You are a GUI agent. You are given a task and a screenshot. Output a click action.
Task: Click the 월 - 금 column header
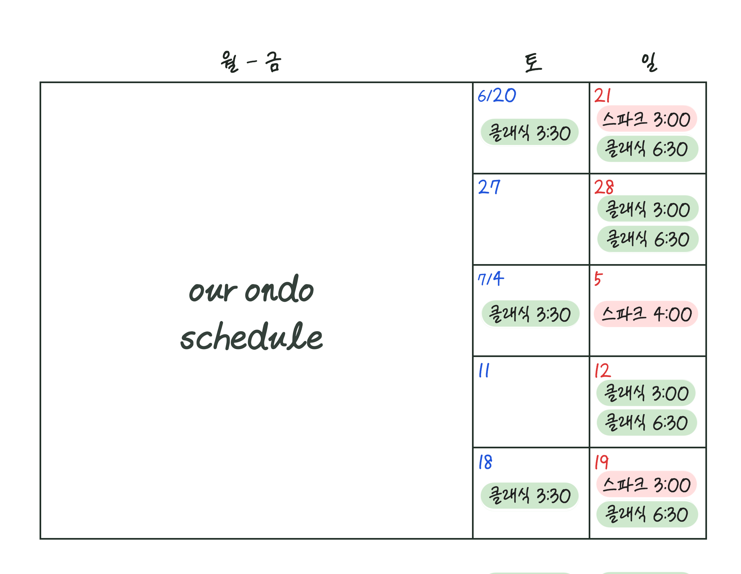251,62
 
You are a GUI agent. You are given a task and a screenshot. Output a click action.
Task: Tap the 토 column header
533,63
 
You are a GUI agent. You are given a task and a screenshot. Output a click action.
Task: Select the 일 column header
649,62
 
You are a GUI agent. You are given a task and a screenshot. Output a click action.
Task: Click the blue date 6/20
497,95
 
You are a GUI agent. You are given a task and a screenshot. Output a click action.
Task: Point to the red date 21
602,96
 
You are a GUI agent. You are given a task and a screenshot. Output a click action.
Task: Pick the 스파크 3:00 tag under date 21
647,118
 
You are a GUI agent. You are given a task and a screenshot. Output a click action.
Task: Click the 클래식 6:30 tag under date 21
648,149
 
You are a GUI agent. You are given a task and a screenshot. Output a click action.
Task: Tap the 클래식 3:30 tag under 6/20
530,132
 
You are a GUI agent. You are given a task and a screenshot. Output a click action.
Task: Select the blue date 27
489,187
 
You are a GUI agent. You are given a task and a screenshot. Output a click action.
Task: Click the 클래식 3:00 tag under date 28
648,208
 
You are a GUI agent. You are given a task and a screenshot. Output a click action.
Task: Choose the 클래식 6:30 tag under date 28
648,239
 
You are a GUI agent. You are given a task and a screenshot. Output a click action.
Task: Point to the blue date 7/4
491,279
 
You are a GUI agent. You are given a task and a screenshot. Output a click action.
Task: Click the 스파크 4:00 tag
646,314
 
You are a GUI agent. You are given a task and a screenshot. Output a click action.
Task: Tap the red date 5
598,279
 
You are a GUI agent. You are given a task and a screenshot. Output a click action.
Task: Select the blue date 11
484,370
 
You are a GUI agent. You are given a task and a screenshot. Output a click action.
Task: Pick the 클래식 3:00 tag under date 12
646,393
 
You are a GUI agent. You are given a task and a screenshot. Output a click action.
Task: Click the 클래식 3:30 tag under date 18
530,495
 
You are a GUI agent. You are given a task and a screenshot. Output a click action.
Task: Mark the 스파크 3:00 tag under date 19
647,484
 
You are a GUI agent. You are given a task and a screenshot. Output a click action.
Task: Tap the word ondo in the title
279,289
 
